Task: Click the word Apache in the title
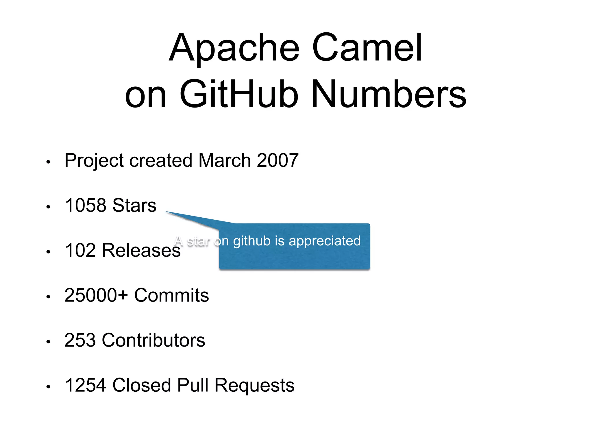(x=234, y=48)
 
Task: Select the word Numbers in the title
(x=389, y=94)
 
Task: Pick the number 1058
(x=86, y=205)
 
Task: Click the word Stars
(x=134, y=205)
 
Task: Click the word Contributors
(x=153, y=340)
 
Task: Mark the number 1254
(x=86, y=385)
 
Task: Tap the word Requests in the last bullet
(x=254, y=385)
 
